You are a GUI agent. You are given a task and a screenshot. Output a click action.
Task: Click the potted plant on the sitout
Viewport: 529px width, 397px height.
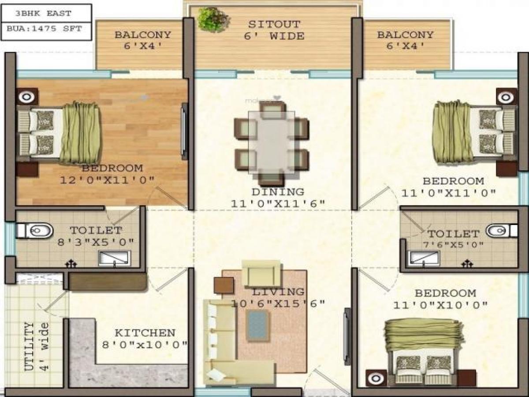click(213, 20)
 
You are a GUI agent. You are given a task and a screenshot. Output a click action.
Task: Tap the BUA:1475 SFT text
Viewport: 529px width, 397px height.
click(45, 29)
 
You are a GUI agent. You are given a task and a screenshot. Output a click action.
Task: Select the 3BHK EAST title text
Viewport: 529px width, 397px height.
click(43, 13)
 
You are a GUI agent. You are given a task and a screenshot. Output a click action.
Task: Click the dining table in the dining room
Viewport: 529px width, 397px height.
click(272, 142)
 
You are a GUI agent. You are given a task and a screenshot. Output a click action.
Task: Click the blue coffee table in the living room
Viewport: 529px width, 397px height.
click(257, 326)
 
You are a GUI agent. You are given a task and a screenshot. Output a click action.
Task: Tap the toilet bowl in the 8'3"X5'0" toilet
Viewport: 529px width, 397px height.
click(35, 231)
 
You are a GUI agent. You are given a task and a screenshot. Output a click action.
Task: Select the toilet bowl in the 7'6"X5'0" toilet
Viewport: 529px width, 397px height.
click(501, 231)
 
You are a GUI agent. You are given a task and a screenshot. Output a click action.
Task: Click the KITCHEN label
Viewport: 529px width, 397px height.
click(145, 333)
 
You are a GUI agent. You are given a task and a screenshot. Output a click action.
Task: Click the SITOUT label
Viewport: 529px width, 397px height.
click(274, 24)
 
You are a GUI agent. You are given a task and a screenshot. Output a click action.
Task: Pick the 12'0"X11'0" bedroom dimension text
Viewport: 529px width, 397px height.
click(107, 180)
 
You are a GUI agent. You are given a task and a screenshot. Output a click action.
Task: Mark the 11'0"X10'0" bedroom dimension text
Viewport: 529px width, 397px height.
click(440, 305)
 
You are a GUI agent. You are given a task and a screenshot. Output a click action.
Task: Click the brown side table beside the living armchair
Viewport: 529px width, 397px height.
click(224, 285)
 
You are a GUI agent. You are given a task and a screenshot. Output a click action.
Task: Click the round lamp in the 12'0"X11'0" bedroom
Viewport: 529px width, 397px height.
click(27, 97)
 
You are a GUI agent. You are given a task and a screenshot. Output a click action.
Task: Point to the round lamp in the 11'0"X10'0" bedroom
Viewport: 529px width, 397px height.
click(376, 378)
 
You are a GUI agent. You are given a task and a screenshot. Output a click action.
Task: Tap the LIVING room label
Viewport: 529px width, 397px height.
click(278, 292)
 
